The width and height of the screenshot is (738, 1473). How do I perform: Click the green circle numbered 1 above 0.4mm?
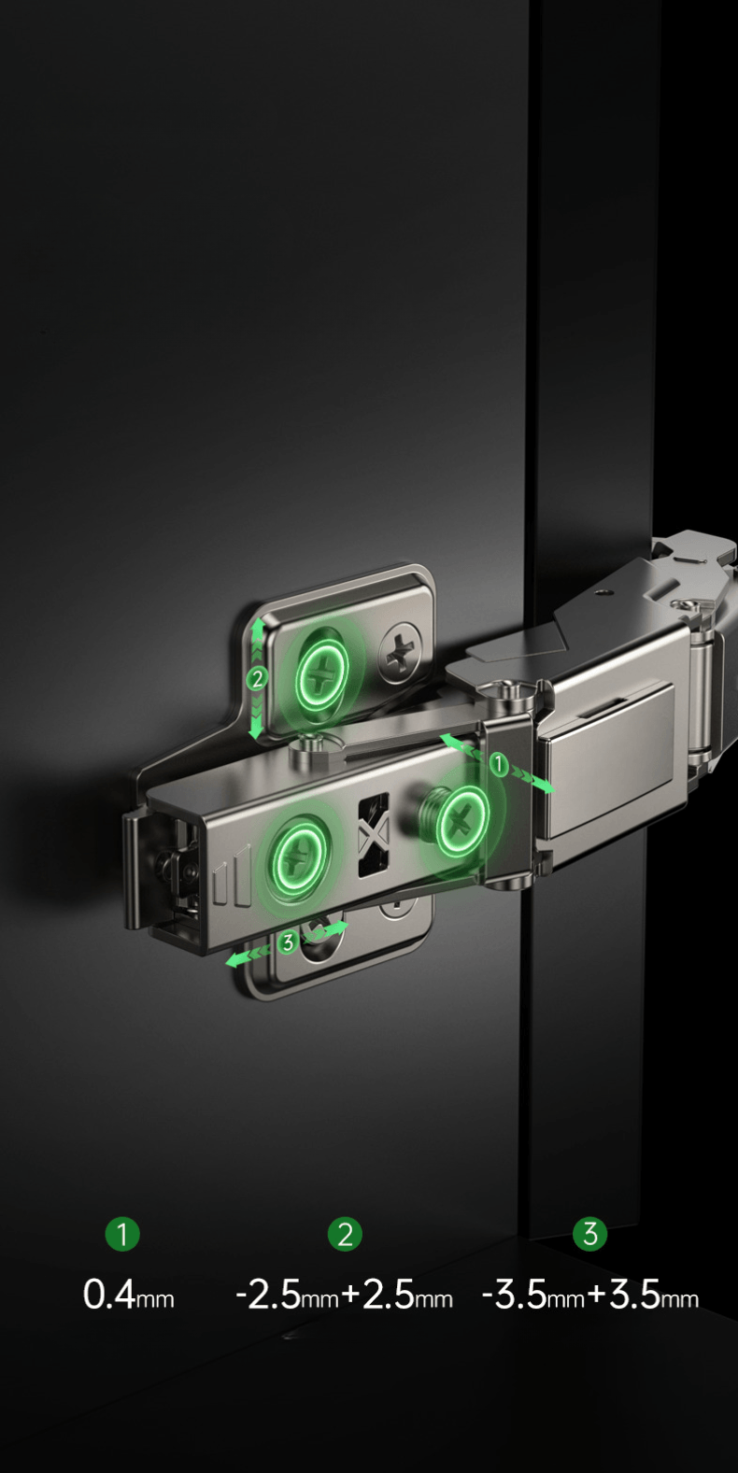coord(122,1234)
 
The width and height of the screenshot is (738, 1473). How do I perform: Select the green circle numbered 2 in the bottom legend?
coord(345,1234)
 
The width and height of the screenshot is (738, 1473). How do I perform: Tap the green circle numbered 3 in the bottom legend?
coord(589,1234)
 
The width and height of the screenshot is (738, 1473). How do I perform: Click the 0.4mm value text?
coord(128,1296)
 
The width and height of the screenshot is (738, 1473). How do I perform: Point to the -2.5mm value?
coord(287,1296)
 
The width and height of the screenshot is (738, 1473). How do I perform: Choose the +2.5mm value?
coord(398,1296)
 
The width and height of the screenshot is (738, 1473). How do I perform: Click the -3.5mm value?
coord(533,1296)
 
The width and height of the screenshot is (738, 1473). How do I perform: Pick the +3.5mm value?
coord(644,1296)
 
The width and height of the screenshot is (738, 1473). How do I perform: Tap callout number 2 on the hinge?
coord(256,678)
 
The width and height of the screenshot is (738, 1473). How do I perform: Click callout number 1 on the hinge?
coord(499,764)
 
